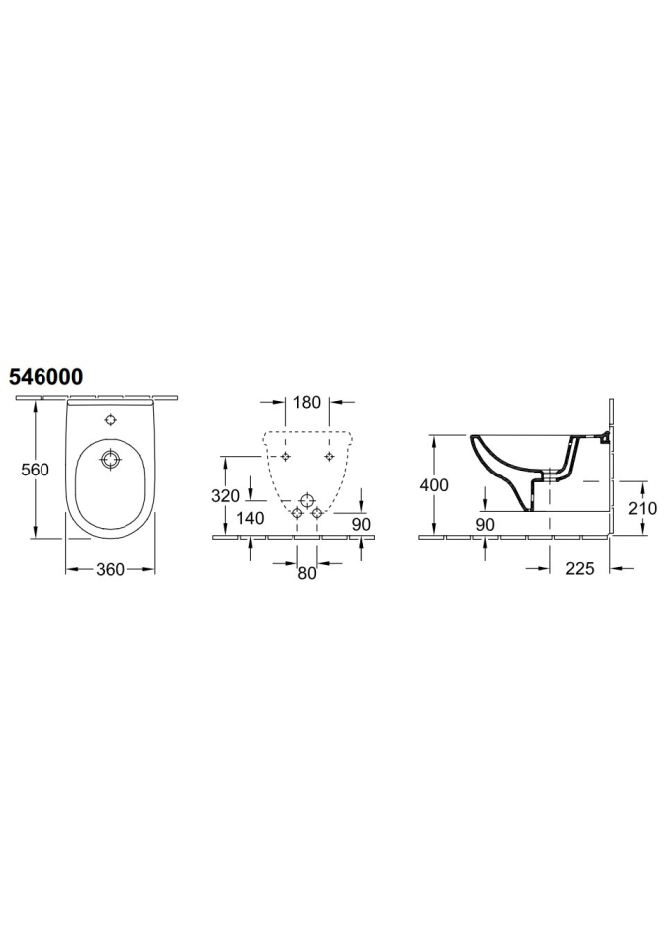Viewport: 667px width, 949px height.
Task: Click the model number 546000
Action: [45, 377]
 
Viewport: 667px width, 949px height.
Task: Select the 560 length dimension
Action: [35, 469]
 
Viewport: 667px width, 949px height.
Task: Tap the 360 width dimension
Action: [110, 569]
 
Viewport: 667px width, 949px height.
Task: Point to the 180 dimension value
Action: [307, 402]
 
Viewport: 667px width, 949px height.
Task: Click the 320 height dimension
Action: [225, 495]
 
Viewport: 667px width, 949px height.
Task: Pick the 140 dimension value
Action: [250, 518]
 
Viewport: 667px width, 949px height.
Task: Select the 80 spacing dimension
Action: [307, 573]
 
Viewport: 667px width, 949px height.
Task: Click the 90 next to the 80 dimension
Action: [361, 524]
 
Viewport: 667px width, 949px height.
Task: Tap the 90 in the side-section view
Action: [485, 525]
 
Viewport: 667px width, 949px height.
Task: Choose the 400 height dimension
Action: [434, 484]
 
